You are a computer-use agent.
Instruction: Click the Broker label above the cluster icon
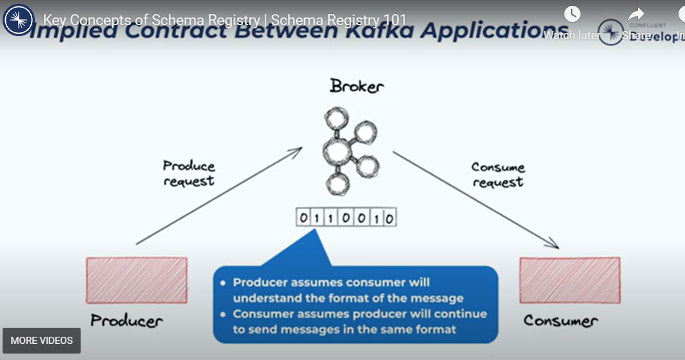click(356, 86)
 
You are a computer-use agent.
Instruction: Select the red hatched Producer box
click(137, 280)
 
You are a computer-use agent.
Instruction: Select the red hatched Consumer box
click(570, 280)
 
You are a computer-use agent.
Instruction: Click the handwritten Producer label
click(126, 320)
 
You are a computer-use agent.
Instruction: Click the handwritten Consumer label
click(560, 320)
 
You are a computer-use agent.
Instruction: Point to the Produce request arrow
click(219, 197)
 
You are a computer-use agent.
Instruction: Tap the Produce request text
click(188, 174)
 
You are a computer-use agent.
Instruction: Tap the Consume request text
click(498, 175)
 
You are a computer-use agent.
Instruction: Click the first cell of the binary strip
click(304, 219)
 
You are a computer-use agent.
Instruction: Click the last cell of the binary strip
click(389, 219)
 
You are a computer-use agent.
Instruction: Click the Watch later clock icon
click(572, 14)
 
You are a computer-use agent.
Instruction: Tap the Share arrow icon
click(636, 14)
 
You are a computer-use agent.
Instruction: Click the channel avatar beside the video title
click(19, 19)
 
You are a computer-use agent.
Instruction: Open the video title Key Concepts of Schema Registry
click(224, 19)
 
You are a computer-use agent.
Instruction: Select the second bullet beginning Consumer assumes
click(359, 322)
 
